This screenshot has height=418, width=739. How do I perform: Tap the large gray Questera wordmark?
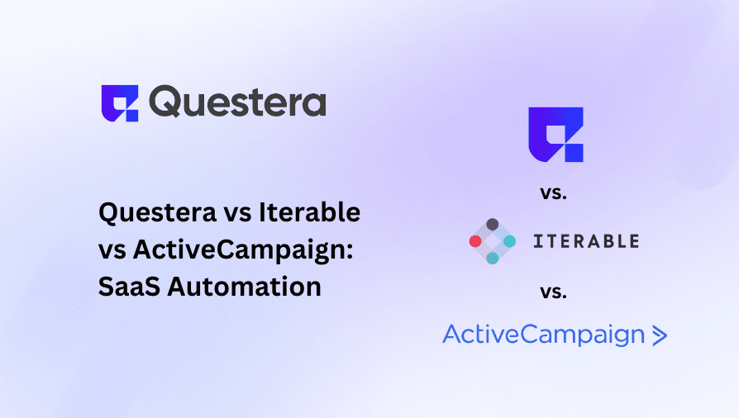(x=238, y=103)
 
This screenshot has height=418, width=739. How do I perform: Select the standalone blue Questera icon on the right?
(x=555, y=134)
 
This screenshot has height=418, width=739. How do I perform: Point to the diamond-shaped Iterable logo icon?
(x=492, y=241)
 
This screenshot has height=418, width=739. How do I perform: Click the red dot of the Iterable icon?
(x=474, y=241)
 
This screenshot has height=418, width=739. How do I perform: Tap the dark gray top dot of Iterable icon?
(x=492, y=224)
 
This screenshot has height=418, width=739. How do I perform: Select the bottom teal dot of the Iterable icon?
(x=492, y=259)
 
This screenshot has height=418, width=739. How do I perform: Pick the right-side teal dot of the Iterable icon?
(x=509, y=241)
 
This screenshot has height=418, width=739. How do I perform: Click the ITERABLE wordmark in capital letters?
(x=586, y=241)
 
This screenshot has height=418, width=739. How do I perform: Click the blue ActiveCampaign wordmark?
(x=543, y=335)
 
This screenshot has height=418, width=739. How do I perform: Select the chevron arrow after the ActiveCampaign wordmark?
(x=659, y=335)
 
